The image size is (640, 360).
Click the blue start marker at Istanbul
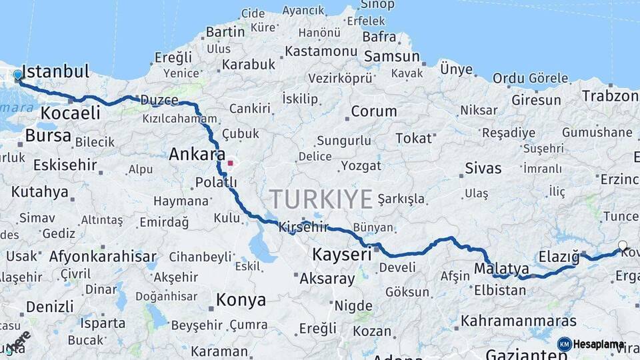(17, 75)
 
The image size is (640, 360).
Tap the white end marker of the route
(623, 245)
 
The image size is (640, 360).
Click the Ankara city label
(197, 155)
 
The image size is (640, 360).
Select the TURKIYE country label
(321, 199)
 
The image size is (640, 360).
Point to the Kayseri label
(342, 255)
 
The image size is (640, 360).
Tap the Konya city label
(241, 300)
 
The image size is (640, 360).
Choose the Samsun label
(392, 57)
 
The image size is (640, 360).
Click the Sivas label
(483, 168)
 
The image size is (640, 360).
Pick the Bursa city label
(48, 136)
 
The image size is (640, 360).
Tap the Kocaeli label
(70, 113)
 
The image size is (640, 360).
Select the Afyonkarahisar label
(103, 257)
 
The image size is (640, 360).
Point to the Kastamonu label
(321, 51)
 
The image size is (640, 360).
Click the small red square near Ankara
(230, 163)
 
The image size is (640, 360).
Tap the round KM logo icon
(564, 344)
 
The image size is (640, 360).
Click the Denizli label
(50, 307)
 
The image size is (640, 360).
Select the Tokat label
(413, 138)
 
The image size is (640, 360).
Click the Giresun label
(537, 100)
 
